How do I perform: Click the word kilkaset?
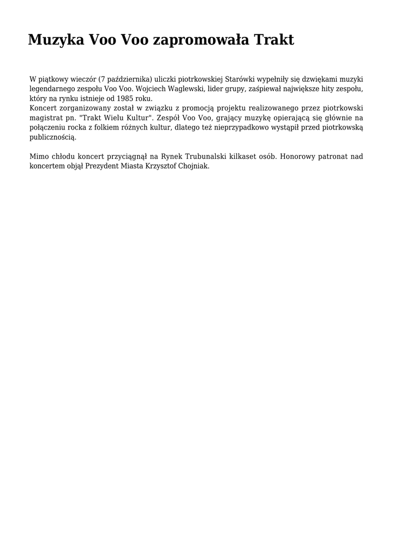242,157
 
